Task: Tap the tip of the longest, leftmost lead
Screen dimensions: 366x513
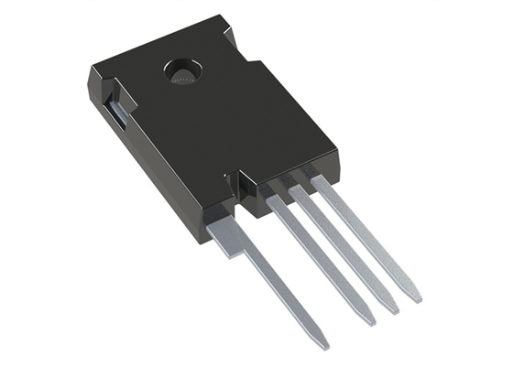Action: click(x=322, y=345)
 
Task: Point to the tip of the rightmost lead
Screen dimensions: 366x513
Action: click(x=416, y=297)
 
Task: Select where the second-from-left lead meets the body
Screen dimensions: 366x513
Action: click(x=276, y=199)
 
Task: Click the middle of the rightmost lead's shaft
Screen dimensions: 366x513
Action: click(x=366, y=240)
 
